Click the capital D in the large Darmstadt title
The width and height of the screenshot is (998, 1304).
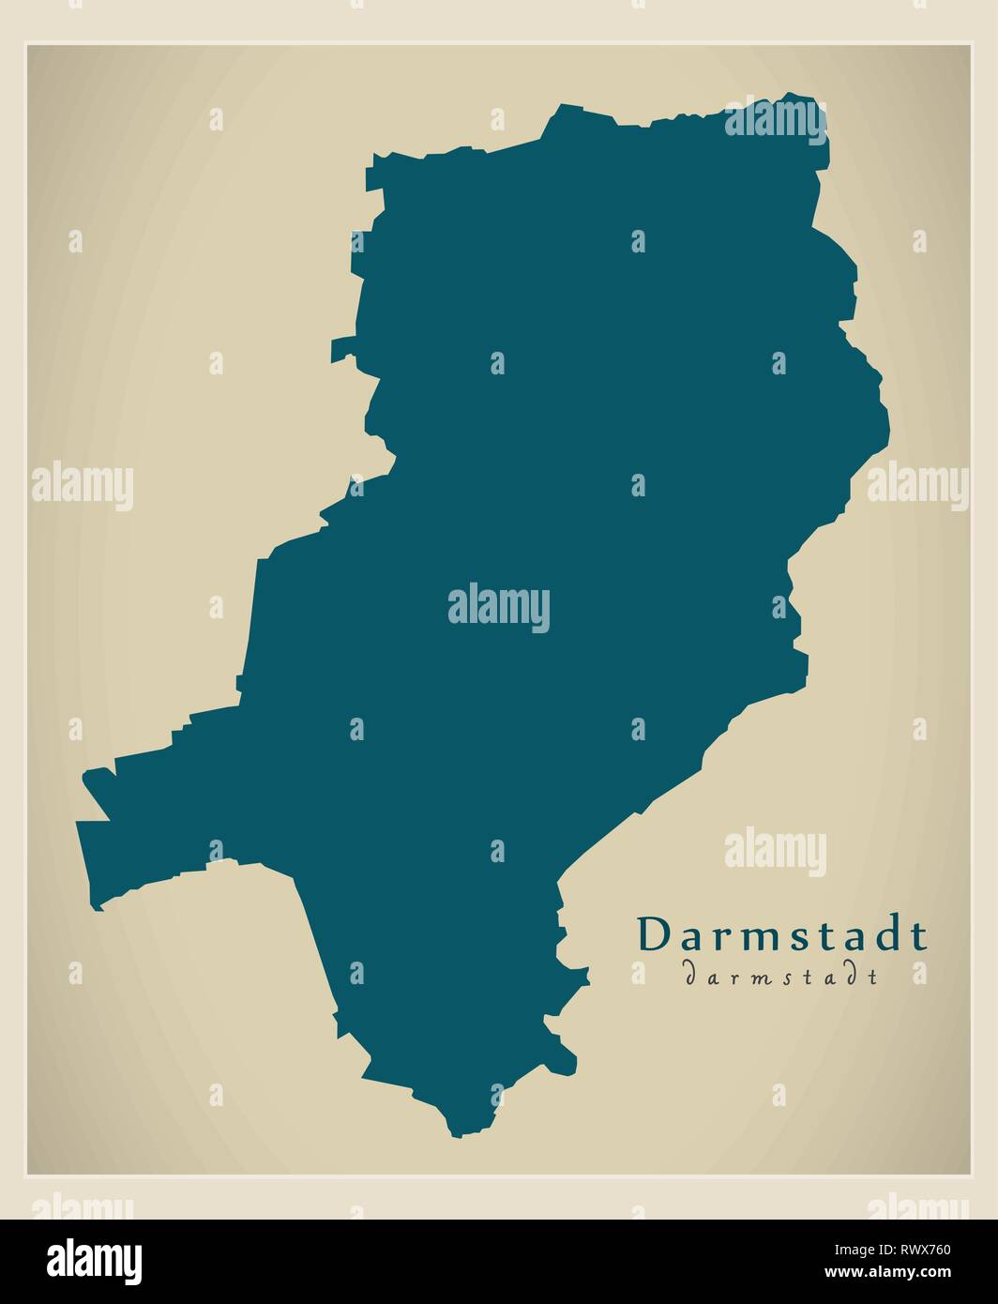[x=655, y=935]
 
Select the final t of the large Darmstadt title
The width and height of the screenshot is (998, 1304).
[x=919, y=936]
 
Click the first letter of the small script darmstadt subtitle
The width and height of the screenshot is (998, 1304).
[x=690, y=976]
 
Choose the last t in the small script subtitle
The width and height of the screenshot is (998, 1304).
[x=873, y=976]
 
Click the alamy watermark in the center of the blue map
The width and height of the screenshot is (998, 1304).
[x=499, y=608]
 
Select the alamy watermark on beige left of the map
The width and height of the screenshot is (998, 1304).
[x=83, y=487]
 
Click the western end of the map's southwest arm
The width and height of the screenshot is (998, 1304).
[x=79, y=826]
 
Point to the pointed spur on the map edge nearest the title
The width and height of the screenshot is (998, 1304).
[x=587, y=976]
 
